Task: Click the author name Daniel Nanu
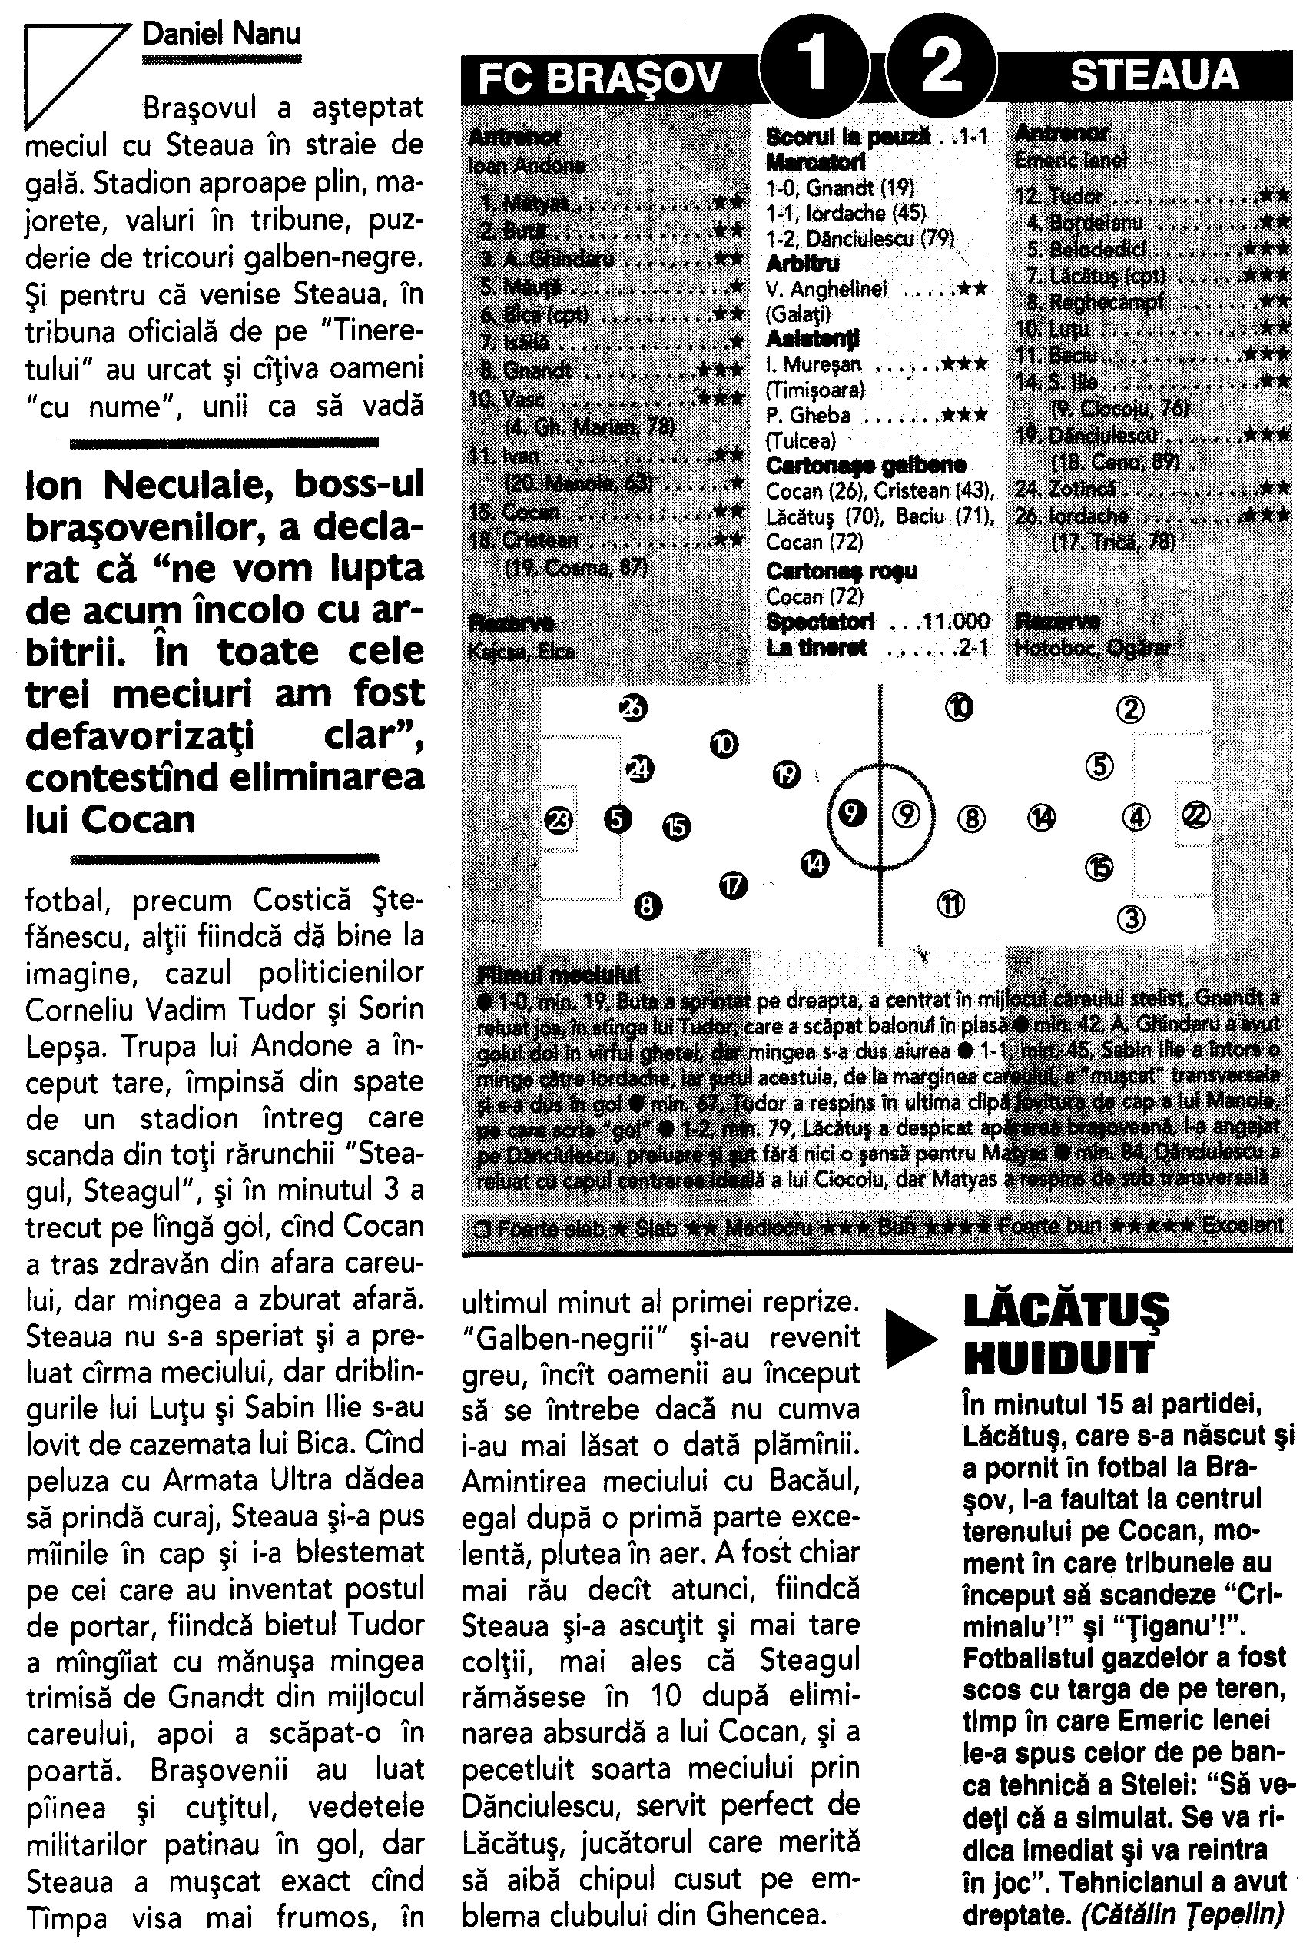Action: (x=222, y=35)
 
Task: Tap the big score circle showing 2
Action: (x=940, y=67)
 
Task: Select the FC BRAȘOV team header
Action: (x=599, y=78)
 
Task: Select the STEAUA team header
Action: (x=1154, y=76)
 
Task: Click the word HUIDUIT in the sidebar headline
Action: (x=1059, y=1358)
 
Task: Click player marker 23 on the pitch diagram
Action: (x=559, y=820)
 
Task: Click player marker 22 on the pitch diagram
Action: (x=1195, y=814)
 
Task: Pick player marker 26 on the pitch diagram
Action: (x=633, y=709)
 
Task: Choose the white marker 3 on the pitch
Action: (x=1130, y=919)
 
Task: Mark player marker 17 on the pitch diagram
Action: (x=733, y=885)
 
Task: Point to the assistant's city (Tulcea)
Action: (x=801, y=440)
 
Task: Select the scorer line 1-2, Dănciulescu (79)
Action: (x=860, y=240)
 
